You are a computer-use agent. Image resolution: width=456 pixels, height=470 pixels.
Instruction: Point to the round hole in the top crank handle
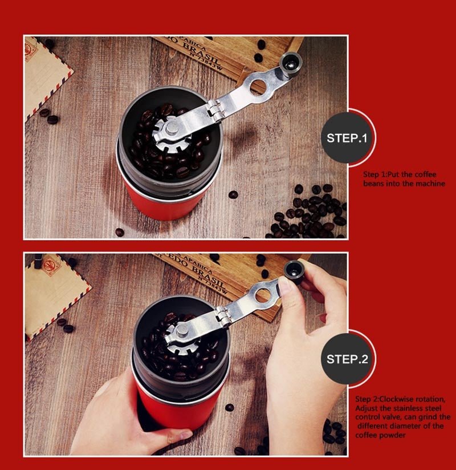pyautogui.click(x=258, y=86)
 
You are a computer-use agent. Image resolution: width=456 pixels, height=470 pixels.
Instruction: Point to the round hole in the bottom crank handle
pyautogui.click(x=263, y=295)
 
